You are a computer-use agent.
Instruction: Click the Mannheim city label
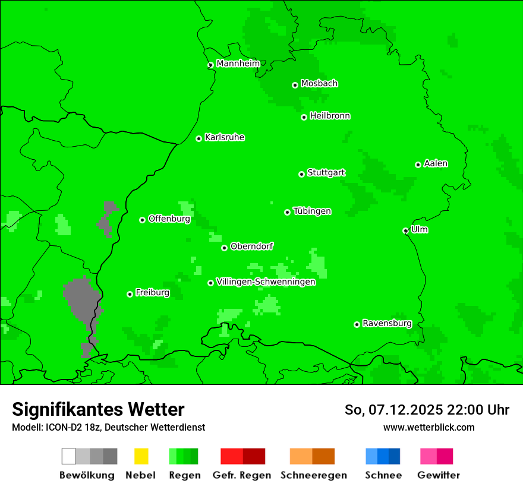[x=238, y=64]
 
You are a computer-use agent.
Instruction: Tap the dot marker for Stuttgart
[x=301, y=174]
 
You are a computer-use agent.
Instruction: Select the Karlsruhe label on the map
[x=224, y=137]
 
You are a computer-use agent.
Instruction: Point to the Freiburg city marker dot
[x=130, y=294]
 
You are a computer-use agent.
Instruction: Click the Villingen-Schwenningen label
[x=265, y=282]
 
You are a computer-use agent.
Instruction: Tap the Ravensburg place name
[x=387, y=323]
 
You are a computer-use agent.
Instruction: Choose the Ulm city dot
[x=405, y=230]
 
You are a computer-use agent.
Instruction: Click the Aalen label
[x=436, y=163]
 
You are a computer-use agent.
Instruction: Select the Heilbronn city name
[x=330, y=116]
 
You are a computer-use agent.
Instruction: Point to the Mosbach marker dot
[x=295, y=85]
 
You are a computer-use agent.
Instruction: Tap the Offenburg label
[x=169, y=219]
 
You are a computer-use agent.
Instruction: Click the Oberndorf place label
[x=251, y=246]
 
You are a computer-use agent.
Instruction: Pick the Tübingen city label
[x=312, y=211]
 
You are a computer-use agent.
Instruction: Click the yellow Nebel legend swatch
[x=141, y=456]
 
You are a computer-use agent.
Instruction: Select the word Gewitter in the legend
[x=439, y=475]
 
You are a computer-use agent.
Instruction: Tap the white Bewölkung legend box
[x=69, y=456]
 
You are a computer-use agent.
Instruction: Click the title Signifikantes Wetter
[x=98, y=409]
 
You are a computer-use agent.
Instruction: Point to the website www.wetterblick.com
[x=429, y=427]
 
